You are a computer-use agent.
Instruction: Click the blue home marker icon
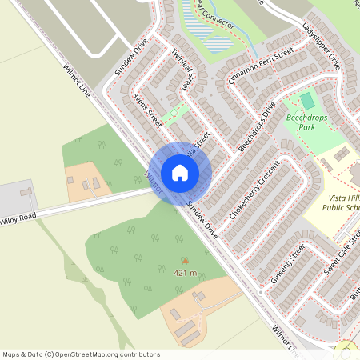click(179, 172)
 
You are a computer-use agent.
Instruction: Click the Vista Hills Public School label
click(342, 201)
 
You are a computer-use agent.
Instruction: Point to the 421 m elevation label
click(186, 273)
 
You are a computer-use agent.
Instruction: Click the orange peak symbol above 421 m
click(186, 260)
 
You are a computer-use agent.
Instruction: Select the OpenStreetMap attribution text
click(81, 354)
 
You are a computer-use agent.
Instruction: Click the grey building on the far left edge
click(26, 192)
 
